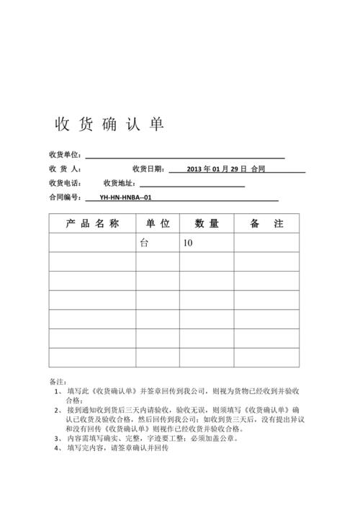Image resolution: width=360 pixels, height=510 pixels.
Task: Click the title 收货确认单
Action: (109, 125)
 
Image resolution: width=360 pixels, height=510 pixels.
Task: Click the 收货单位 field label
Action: (65, 155)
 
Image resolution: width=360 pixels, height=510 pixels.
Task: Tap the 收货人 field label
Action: (65, 169)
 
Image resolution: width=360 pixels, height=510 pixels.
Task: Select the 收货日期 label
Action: (148, 169)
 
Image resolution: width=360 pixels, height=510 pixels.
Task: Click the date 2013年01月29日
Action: (216, 169)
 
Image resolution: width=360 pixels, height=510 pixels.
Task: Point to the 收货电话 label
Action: (65, 183)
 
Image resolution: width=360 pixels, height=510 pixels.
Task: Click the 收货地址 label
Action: (120, 183)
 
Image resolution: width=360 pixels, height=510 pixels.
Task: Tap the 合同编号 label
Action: (65, 197)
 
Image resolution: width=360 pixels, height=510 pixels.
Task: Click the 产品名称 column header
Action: (91, 223)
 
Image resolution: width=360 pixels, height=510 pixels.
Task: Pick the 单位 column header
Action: (157, 223)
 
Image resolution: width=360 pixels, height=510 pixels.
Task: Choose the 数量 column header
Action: (206, 223)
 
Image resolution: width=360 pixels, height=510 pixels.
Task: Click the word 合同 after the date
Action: (258, 169)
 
